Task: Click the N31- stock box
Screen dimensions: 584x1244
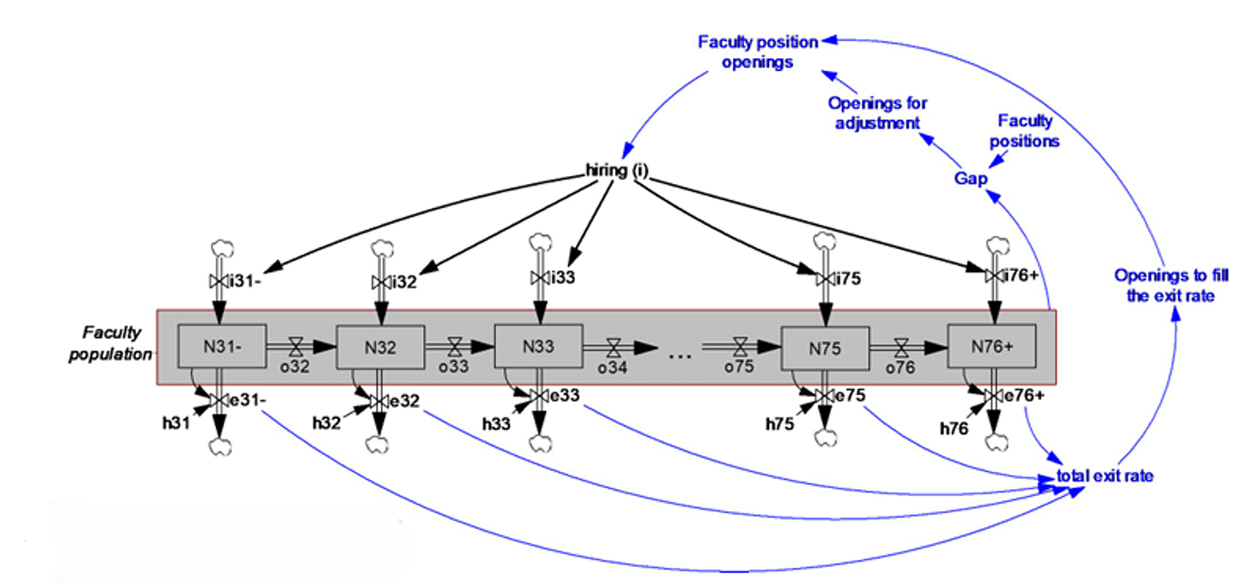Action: tap(222, 346)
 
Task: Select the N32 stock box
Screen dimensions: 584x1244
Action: tap(380, 347)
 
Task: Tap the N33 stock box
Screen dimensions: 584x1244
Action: tap(539, 346)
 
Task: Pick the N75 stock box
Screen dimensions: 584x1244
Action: tap(825, 348)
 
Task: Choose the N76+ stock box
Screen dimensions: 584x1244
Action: tap(991, 347)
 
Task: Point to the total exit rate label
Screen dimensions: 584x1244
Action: tap(1105, 476)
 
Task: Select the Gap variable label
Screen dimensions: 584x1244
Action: tap(971, 179)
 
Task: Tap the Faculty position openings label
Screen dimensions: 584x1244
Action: tap(758, 51)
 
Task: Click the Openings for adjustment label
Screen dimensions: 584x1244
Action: tap(877, 113)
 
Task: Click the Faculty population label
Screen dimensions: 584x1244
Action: tap(113, 343)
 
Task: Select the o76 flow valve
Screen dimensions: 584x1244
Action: tap(901, 347)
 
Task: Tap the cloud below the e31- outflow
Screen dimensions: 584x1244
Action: tap(220, 445)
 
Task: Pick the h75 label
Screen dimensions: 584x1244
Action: tap(779, 422)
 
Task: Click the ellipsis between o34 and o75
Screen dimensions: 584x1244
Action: tap(679, 353)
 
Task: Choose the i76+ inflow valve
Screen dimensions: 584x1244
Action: tap(990, 275)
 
